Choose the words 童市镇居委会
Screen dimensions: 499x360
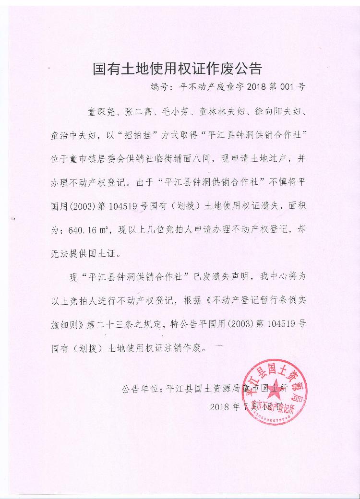point(100,158)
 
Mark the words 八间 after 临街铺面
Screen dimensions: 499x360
point(225,158)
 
